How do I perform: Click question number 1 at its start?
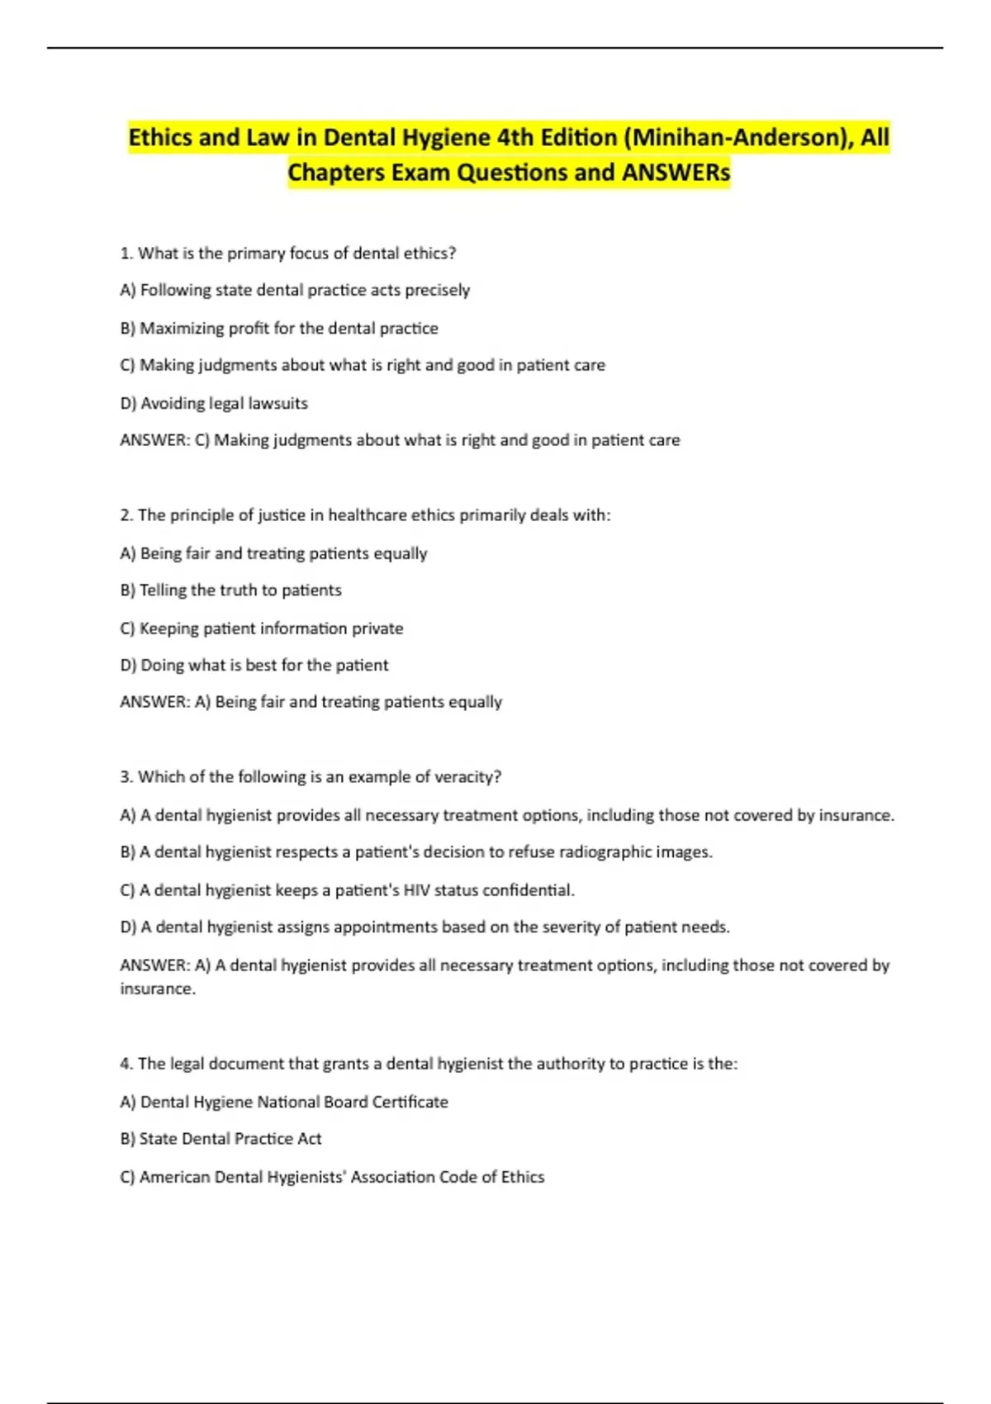pos(126,254)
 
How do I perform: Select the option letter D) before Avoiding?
pos(128,403)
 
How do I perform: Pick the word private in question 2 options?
pos(377,628)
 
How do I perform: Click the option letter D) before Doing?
pos(128,665)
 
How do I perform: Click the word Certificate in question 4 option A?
pos(410,1102)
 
